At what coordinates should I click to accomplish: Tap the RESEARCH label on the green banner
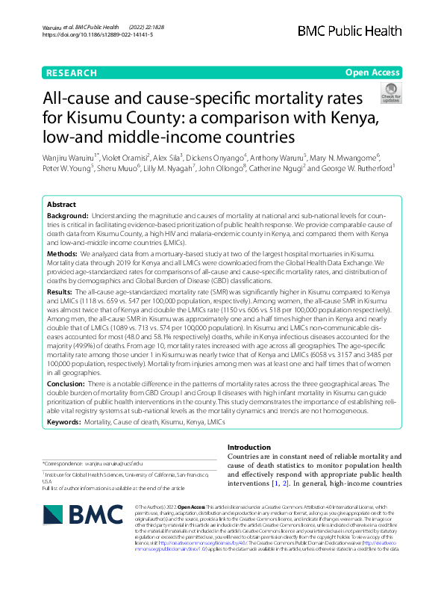pyautogui.click(x=71, y=73)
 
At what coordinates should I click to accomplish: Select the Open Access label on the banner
pyautogui.click(x=373, y=73)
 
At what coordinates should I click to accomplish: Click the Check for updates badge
pyautogui.click(x=390, y=93)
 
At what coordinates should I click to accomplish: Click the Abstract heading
pyautogui.click(x=61, y=204)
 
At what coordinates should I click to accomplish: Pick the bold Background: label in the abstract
pyautogui.click(x=69, y=215)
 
